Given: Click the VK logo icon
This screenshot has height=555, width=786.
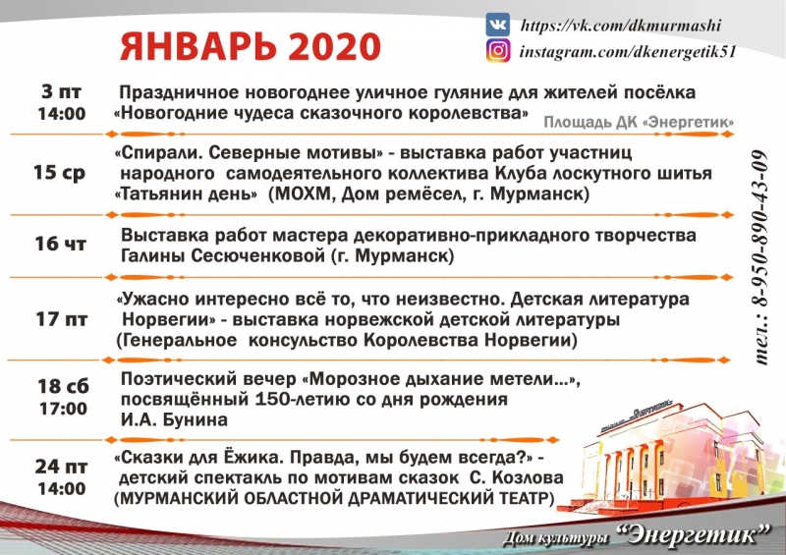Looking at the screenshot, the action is coord(498,24).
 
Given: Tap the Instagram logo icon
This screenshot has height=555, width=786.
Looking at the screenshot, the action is coord(498,51).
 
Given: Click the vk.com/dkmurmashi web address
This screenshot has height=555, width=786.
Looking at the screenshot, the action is coord(621,26).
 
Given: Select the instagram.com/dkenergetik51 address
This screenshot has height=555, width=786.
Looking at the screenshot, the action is coord(628,52).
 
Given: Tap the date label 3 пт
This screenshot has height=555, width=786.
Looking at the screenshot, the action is coord(62,91).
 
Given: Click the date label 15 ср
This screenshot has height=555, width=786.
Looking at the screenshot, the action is coord(59,173).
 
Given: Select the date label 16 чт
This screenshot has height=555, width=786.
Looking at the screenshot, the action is coord(60,244).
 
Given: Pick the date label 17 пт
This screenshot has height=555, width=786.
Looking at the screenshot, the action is coord(62,319).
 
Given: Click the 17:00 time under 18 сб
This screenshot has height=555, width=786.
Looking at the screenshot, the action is coord(63,409).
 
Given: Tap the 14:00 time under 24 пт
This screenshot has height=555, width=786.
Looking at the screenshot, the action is coord(62,488).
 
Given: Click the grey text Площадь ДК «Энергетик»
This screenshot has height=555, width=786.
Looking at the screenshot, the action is coord(640,123).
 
